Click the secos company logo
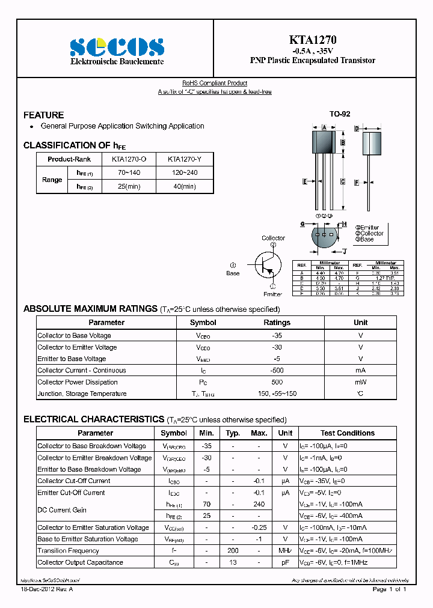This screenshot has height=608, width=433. tap(116, 46)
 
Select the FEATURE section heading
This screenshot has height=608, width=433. tap(43, 115)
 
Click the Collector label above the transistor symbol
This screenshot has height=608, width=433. tap(273, 238)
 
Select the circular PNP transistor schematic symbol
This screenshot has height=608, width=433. tap(268, 264)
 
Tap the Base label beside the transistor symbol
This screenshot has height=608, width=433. tap(233, 273)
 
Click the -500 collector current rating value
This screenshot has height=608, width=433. tap(277, 371)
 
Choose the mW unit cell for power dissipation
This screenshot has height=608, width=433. tap(360, 382)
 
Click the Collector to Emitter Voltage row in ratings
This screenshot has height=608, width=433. tap(77, 347)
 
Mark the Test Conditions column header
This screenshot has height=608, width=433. tap(347, 433)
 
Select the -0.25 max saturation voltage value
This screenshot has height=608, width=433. tap(259, 527)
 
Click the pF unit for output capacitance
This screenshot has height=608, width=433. tap(285, 563)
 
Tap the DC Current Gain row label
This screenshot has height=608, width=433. tap(62, 510)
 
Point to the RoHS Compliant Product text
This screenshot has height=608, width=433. tap(215, 84)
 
